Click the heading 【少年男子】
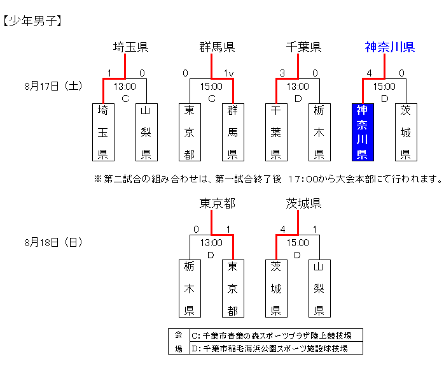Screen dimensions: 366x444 tap(32, 21)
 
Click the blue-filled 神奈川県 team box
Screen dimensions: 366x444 tap(362, 132)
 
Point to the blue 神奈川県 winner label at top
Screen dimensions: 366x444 tap(390, 47)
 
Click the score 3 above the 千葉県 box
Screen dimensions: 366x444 tap(282, 73)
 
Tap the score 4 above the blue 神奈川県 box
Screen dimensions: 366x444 tap(369, 73)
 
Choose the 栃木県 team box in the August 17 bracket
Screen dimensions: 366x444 tap(319, 132)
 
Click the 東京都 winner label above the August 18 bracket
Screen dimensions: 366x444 tap(218, 203)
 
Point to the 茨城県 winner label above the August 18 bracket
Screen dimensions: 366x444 tap(304, 203)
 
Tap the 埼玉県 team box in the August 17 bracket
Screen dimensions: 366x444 tap(102, 132)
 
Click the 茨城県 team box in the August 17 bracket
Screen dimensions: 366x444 tap(405, 132)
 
